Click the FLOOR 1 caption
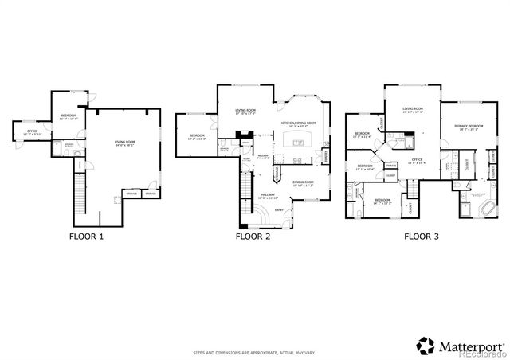pyautogui.click(x=87, y=237)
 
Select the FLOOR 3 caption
pyautogui.click(x=421, y=237)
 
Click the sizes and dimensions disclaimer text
pyautogui.click(x=254, y=352)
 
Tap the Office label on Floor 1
pyautogui.click(x=33, y=132)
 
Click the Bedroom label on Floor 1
pyautogui.click(x=69, y=117)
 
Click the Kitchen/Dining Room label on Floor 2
pyautogui.click(x=298, y=123)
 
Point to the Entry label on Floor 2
pyautogui.click(x=279, y=209)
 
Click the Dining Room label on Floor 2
pyautogui.click(x=303, y=182)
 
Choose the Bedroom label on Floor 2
pyautogui.click(x=197, y=137)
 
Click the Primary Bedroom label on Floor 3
pyautogui.click(x=469, y=127)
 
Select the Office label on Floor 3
pyautogui.click(x=417, y=161)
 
